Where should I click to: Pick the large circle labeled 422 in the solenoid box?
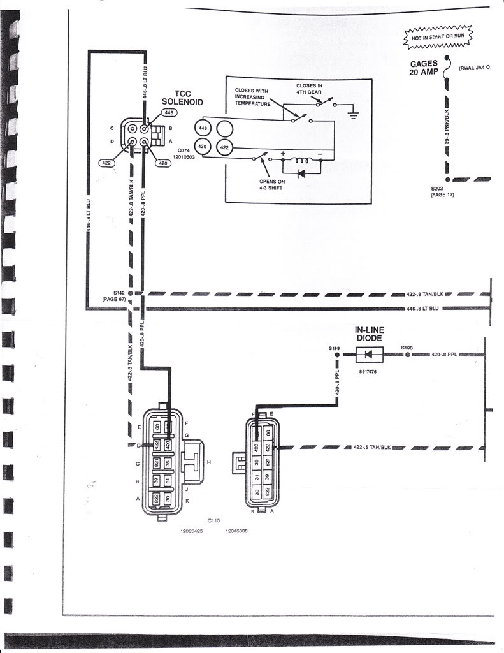click(x=224, y=147)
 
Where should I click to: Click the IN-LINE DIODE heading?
click(x=370, y=334)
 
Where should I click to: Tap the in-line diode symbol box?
click(x=370, y=353)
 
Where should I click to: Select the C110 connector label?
click(x=213, y=520)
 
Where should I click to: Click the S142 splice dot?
click(x=131, y=293)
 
